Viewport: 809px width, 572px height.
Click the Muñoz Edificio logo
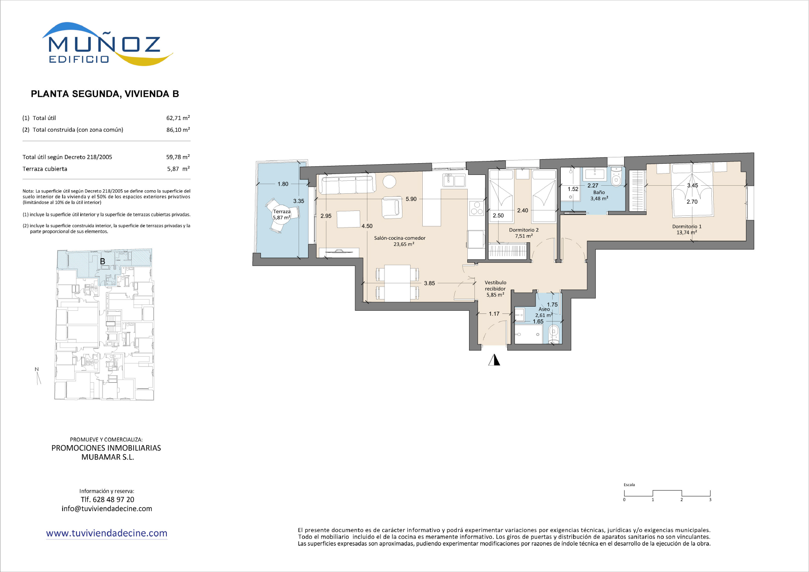[x=107, y=44]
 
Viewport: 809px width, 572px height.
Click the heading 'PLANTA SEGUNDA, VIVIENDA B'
[x=105, y=94]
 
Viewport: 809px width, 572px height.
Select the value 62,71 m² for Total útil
[x=178, y=118]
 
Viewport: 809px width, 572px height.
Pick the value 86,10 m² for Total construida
[x=178, y=130]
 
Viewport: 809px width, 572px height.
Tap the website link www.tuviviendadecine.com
[x=107, y=533]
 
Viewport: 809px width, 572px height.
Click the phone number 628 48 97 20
[x=113, y=500]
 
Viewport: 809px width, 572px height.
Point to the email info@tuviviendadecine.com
[x=107, y=509]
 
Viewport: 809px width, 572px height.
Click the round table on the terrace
[x=282, y=214]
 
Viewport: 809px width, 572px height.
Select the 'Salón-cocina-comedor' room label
[x=400, y=238]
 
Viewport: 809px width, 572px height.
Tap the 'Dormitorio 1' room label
[x=687, y=227]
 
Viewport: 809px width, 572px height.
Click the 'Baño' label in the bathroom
[x=599, y=192]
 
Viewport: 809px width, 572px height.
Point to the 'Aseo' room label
[x=544, y=309]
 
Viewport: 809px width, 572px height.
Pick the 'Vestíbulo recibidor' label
[x=495, y=286]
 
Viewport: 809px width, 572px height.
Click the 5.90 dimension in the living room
[x=411, y=199]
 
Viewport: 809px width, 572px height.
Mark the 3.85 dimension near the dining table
[x=429, y=283]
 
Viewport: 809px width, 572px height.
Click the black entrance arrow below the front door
[x=494, y=360]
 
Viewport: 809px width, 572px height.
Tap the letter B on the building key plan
[x=103, y=261]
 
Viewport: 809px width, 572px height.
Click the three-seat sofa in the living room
[x=348, y=185]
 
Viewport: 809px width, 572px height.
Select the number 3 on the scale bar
[x=710, y=500]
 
